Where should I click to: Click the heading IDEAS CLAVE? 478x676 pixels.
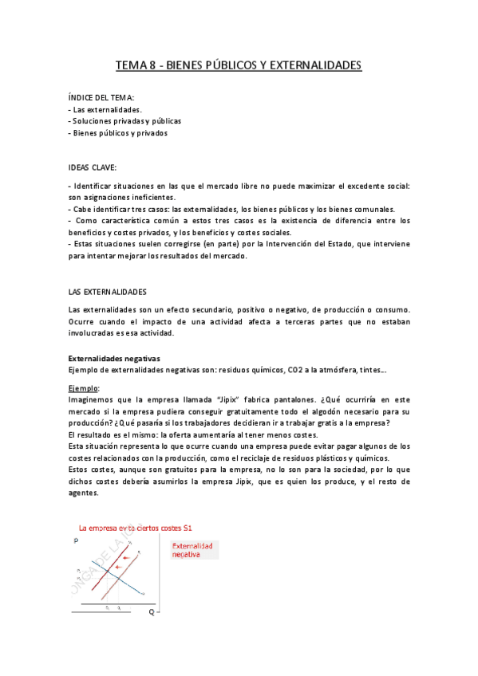tap(93, 168)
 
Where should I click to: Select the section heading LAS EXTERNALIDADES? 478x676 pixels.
tap(108, 292)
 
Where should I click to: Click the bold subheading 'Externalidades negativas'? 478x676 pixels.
tap(115, 358)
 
